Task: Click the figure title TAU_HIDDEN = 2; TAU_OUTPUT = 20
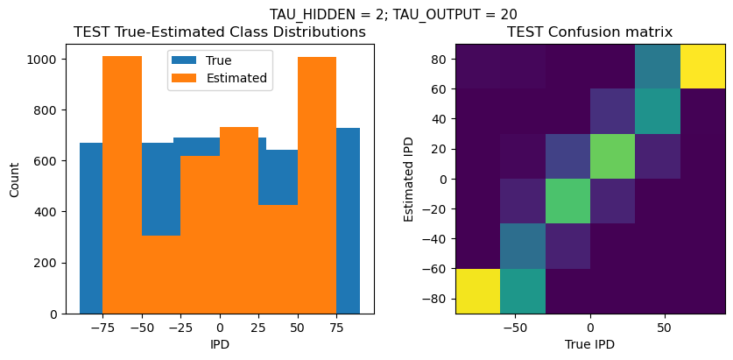pyautogui.click(x=393, y=14)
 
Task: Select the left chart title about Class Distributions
pyautogui.click(x=220, y=32)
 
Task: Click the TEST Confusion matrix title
pyautogui.click(x=590, y=32)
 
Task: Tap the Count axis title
pyautogui.click(x=15, y=179)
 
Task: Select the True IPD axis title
pyautogui.click(x=590, y=344)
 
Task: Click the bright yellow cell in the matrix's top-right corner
pyautogui.click(x=702, y=67)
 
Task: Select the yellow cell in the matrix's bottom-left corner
pyautogui.click(x=478, y=291)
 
